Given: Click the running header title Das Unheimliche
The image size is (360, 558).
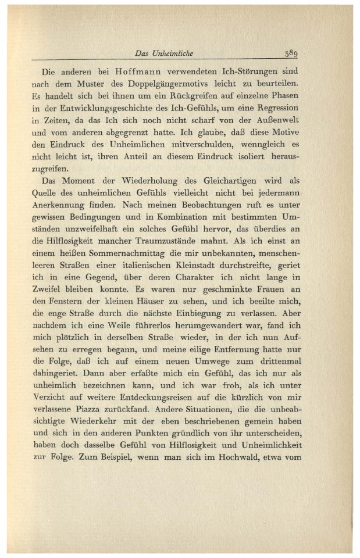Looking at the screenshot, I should [163, 53].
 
